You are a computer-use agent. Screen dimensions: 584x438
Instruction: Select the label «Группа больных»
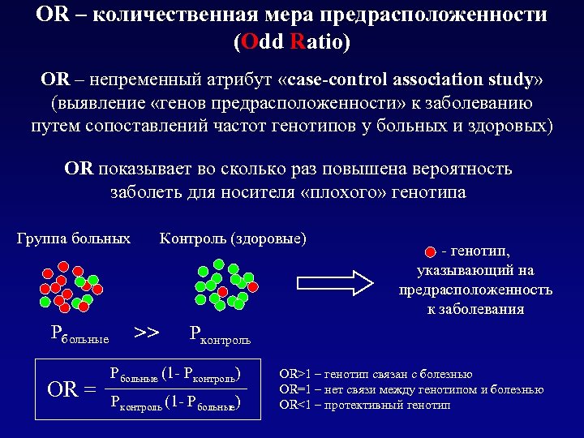click(74, 238)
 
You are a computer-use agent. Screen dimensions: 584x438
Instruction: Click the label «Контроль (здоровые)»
click(233, 238)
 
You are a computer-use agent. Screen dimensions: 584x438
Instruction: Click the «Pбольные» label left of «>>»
click(79, 333)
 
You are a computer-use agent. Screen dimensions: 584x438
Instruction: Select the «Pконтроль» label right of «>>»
click(219, 333)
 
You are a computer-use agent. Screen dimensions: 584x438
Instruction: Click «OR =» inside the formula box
click(71, 389)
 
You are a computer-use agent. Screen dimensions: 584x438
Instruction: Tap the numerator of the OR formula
click(175, 376)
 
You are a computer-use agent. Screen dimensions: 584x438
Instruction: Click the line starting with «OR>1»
click(376, 375)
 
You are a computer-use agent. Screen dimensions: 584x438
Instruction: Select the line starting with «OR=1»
click(411, 389)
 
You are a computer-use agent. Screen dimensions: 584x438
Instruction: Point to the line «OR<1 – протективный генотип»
click(364, 405)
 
